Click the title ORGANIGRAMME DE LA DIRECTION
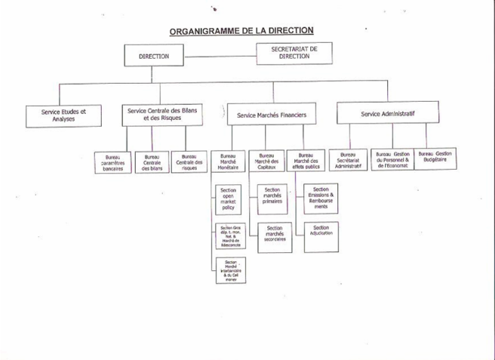coord(241,31)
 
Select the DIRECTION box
coord(154,56)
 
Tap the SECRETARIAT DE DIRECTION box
coord(294,53)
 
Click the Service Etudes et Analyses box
coord(63,115)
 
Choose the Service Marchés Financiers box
coord(272,115)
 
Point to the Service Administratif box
coord(388,114)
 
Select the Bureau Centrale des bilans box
coord(152,163)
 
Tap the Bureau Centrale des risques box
coord(189,163)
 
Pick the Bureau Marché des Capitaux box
coord(266,162)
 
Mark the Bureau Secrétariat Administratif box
coord(349,161)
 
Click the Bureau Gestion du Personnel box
coord(392,160)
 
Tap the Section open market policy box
coord(229,199)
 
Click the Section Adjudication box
coord(321,232)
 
